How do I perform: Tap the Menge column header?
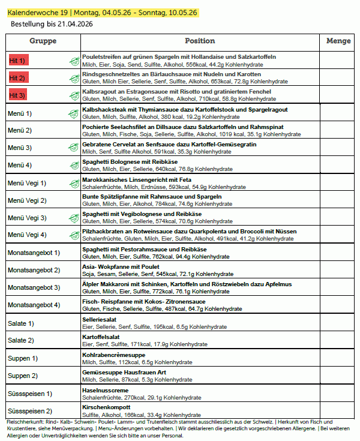pos(338,41)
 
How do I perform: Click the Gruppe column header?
pos(43,41)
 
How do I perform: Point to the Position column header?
pos(200,41)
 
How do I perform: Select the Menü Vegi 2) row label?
pos(26,200)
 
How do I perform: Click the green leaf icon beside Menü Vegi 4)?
pos(74,235)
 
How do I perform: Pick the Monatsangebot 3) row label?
pos(33,287)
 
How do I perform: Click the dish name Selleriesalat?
pos(99,320)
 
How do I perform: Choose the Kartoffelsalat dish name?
pos(100,337)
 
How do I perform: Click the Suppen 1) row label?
pos(23,358)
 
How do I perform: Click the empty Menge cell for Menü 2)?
pos(338,130)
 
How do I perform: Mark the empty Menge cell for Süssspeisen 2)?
pos(338,411)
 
